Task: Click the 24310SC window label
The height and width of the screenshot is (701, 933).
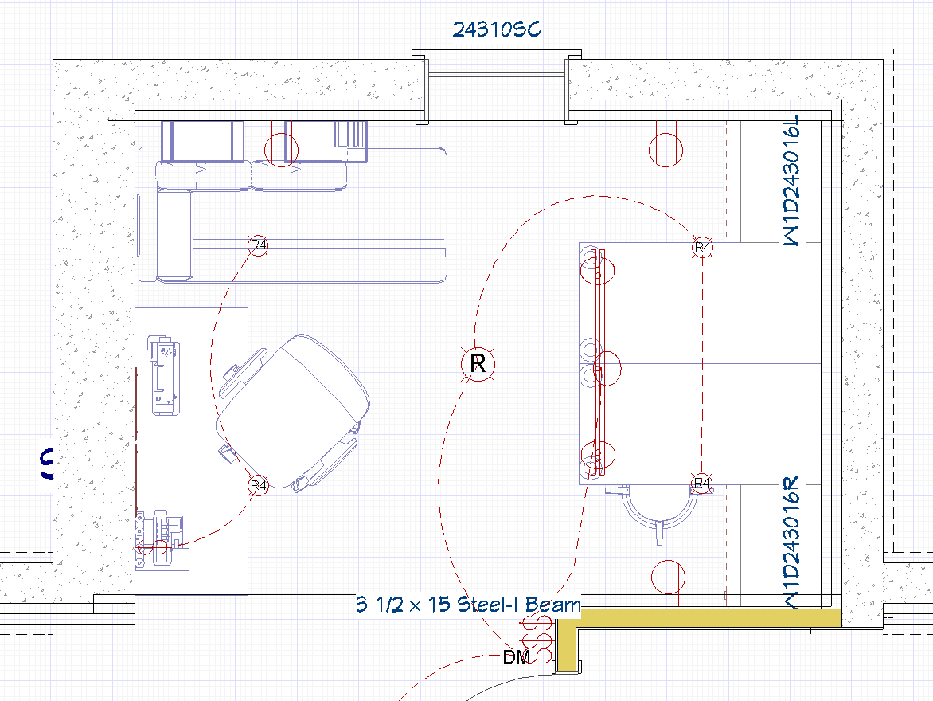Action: point(497,30)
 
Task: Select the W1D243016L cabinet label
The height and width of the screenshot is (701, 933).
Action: point(791,182)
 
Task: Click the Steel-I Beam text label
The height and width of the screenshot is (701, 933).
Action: point(468,605)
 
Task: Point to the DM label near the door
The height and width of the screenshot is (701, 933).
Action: point(517,657)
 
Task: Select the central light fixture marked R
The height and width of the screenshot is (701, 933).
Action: point(478,365)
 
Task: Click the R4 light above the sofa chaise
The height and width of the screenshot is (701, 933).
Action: point(258,245)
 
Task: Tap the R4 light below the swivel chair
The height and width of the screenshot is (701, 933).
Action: point(258,484)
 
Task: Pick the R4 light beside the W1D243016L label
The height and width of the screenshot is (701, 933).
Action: point(702,248)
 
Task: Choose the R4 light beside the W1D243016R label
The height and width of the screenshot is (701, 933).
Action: point(701,483)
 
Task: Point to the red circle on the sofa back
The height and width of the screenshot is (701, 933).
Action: point(280,150)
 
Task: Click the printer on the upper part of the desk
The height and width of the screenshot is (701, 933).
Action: point(164,375)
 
